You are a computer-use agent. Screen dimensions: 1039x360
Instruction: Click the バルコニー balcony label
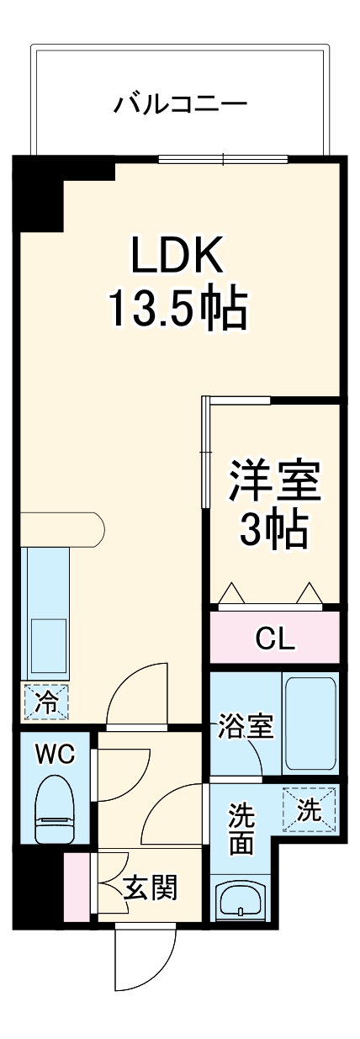[x=181, y=105]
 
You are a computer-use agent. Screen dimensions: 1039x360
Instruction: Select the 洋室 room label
[x=275, y=481]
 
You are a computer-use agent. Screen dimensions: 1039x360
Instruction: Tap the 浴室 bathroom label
[x=246, y=725]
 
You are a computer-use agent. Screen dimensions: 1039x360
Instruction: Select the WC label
[x=55, y=753]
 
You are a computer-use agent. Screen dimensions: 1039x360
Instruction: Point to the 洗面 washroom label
[x=242, y=830]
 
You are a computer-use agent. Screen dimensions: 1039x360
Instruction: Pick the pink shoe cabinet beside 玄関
[x=76, y=886]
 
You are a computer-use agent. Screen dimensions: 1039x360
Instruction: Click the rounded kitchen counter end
[x=93, y=528]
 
